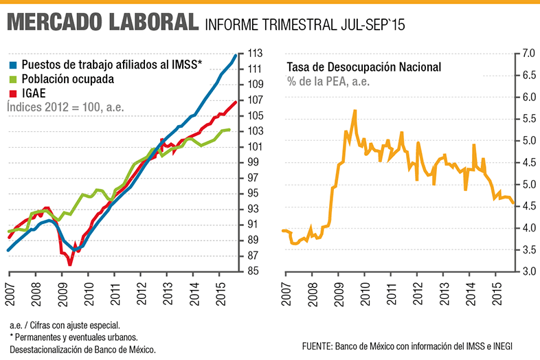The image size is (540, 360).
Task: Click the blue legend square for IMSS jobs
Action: pos(13,65)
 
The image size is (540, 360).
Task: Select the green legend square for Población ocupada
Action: pos(13,80)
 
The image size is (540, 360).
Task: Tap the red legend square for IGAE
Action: pos(13,93)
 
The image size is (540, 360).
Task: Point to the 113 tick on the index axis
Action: pos(255,54)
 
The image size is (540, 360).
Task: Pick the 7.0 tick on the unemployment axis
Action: pos(528,54)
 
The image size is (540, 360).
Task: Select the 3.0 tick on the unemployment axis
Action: pos(528,271)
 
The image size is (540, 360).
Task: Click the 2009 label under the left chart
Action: pos(63,295)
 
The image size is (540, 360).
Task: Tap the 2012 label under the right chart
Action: pos(418,294)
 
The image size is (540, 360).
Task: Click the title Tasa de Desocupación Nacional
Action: pos(363,67)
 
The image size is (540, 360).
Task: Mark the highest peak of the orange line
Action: pos(355,111)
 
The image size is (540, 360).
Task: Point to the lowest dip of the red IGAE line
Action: pos(70,265)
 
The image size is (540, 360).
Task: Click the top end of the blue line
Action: pos(236,55)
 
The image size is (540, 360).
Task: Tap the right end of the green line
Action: pos(229,130)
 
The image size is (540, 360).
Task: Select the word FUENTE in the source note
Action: pos(317,346)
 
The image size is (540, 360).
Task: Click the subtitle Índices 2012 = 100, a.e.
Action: pos(65,107)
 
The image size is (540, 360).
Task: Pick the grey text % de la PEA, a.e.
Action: pos(328,82)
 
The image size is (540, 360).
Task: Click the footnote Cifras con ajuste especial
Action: pos(75,325)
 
